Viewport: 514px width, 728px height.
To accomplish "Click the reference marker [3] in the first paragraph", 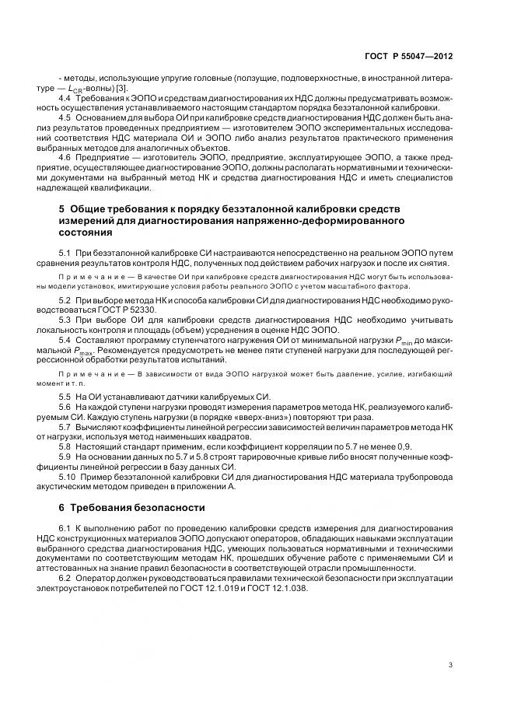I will tap(121, 88).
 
